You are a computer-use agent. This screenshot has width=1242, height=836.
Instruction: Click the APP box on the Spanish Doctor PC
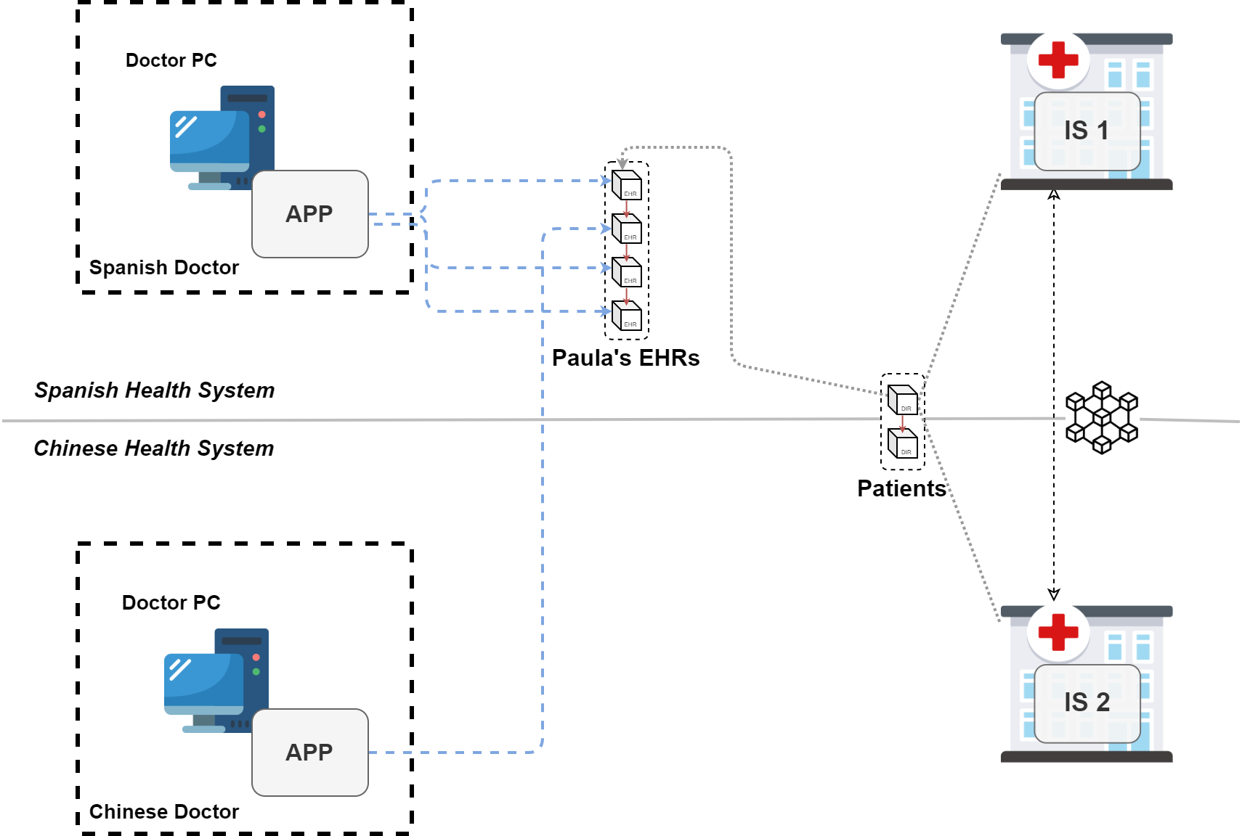[x=309, y=214]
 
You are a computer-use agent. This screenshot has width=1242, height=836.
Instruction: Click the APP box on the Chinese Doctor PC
[x=309, y=753]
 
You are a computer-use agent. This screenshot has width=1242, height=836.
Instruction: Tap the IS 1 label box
[x=1087, y=131]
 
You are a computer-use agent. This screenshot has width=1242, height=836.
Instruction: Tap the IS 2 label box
[x=1087, y=703]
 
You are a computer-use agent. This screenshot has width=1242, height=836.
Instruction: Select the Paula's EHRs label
[x=625, y=358]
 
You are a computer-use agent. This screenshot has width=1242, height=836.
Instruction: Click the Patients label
[x=901, y=488]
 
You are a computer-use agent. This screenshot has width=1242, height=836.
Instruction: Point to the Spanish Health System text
[x=155, y=390]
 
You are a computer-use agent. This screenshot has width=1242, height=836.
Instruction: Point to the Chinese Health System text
[x=154, y=448]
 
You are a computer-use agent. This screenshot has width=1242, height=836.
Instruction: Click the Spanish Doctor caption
[x=164, y=268]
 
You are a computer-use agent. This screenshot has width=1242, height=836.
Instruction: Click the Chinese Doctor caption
[x=164, y=812]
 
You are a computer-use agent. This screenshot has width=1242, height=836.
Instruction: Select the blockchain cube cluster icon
[x=1102, y=418]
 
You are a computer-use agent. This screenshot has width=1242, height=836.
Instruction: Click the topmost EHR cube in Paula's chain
[x=626, y=184]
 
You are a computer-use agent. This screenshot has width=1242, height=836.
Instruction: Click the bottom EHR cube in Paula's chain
[x=626, y=315]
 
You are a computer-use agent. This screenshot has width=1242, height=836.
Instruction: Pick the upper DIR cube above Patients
[x=903, y=400]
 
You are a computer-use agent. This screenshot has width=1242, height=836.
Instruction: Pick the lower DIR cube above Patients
[x=903, y=443]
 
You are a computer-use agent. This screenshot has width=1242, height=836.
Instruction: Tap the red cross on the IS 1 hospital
[x=1058, y=60]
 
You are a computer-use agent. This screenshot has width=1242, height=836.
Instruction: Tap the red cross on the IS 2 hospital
[x=1058, y=632]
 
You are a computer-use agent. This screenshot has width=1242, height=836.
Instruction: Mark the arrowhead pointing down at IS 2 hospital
[x=1054, y=594]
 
